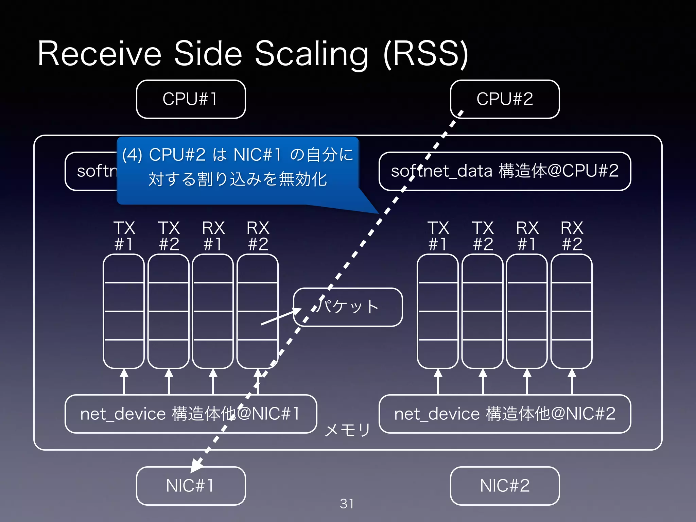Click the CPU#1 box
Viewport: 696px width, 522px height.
[191, 99]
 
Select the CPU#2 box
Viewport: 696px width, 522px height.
[505, 99]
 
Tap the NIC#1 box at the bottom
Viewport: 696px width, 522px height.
[191, 486]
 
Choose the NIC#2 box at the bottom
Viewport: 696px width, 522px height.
[505, 486]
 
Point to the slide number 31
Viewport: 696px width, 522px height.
[347, 504]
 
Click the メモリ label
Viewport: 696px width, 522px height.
[347, 430]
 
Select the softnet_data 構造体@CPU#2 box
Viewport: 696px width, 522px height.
[505, 171]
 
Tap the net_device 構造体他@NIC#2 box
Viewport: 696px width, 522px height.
[505, 414]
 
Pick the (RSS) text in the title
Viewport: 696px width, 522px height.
[426, 54]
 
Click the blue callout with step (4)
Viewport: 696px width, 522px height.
[238, 170]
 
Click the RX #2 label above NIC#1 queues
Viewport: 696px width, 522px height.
[258, 236]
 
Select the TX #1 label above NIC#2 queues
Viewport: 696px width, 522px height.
[438, 236]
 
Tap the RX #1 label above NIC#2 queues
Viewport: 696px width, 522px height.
[527, 236]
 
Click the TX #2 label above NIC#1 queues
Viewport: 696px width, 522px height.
[169, 236]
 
